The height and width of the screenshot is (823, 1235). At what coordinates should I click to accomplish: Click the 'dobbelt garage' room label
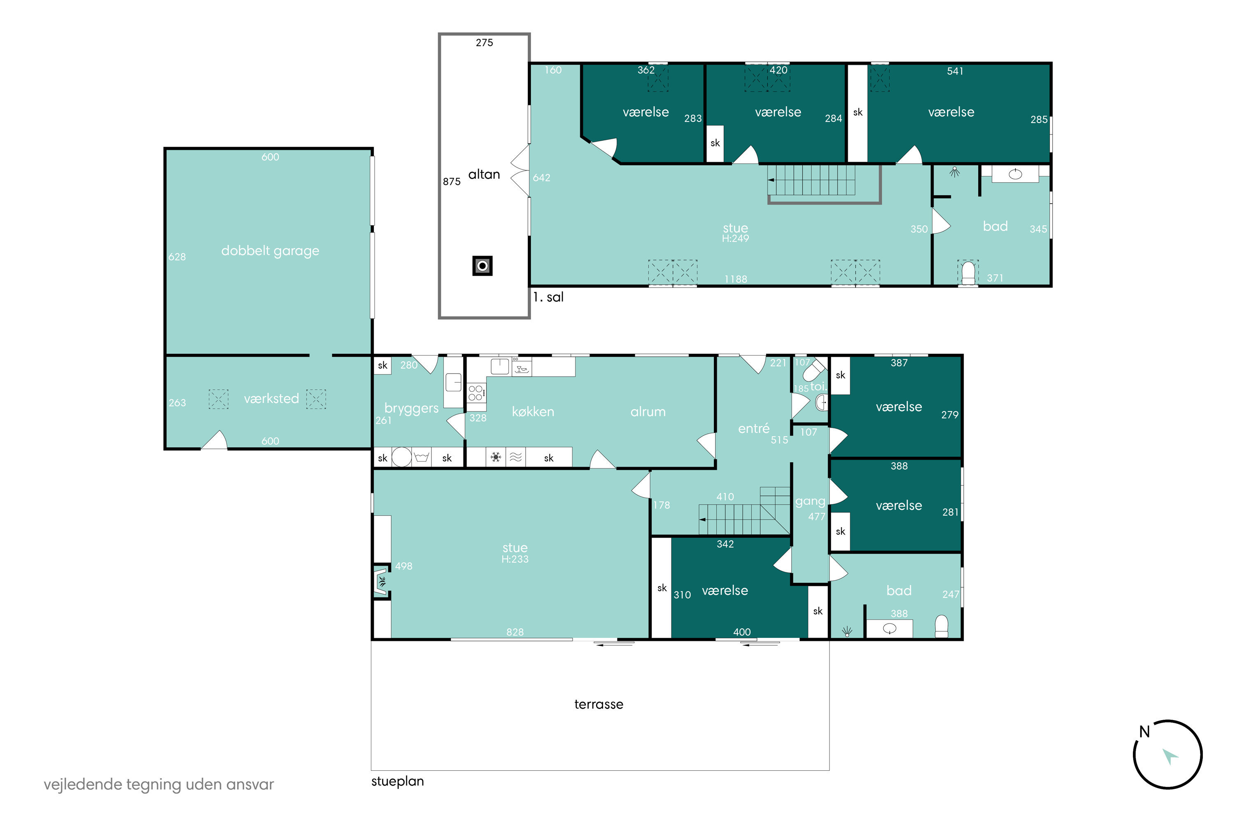270,251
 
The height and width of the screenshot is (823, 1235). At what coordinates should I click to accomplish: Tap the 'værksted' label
271,398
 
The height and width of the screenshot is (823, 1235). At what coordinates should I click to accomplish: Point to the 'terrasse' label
599,704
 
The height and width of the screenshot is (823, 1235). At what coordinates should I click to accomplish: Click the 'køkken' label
533,411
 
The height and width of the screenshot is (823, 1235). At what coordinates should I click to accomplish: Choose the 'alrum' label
648,411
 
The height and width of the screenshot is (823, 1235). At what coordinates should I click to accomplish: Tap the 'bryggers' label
411,408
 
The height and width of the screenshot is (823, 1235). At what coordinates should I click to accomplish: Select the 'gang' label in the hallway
810,502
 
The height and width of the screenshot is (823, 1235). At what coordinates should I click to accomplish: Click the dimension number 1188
736,279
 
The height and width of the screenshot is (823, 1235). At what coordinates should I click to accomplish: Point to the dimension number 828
515,632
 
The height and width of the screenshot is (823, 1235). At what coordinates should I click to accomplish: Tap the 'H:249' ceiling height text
735,238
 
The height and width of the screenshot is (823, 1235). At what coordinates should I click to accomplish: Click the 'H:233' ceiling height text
515,559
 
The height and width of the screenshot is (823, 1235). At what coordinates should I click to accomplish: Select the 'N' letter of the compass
1145,732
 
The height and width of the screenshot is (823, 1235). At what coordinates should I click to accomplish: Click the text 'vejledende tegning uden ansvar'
158,785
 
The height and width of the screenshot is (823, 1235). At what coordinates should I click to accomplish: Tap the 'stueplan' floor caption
398,781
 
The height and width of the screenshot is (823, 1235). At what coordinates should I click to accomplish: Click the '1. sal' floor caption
548,297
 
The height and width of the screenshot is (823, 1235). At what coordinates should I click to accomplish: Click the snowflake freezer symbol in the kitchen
496,457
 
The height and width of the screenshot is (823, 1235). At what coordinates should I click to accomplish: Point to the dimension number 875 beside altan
452,181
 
